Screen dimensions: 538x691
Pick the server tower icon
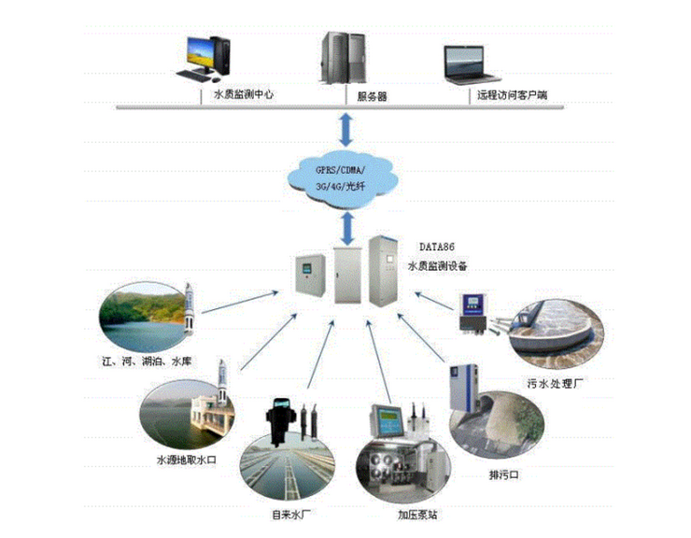point(336,58)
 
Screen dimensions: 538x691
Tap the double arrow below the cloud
point(345,224)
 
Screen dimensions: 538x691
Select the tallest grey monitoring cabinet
point(383,272)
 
